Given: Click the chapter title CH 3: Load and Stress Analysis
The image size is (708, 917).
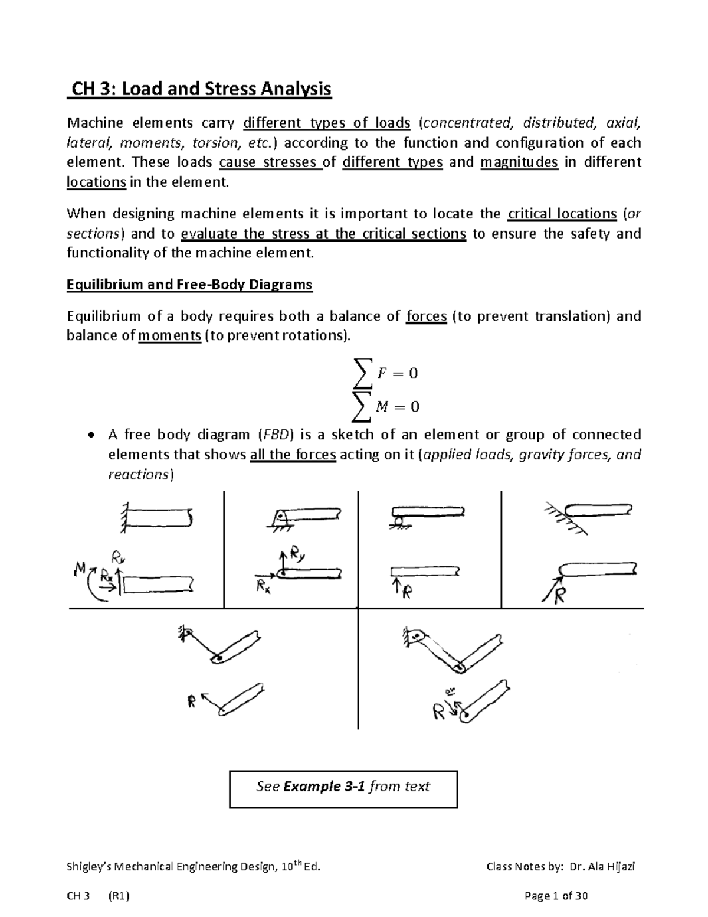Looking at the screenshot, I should pyautogui.click(x=199, y=89).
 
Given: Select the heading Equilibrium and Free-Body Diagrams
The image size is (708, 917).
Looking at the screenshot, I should pyautogui.click(x=189, y=285).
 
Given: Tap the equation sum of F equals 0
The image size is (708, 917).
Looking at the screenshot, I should pyautogui.click(x=384, y=373).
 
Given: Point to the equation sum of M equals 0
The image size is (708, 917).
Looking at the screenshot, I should pyautogui.click(x=385, y=407).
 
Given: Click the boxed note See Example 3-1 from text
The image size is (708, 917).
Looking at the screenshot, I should pyautogui.click(x=343, y=787).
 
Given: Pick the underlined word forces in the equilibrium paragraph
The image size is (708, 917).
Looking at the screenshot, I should pyautogui.click(x=427, y=316).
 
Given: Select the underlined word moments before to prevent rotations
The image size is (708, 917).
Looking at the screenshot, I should pyautogui.click(x=169, y=336).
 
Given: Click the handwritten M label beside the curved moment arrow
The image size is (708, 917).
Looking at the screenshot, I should pyautogui.click(x=79, y=569).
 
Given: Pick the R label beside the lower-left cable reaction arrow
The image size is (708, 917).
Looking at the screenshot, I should pyautogui.click(x=191, y=703).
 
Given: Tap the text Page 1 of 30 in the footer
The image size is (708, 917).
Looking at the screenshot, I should pyautogui.click(x=556, y=896).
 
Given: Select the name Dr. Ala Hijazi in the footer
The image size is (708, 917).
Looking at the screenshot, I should pyautogui.click(x=604, y=867).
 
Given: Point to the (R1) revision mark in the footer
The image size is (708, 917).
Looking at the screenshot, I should pyautogui.click(x=119, y=896).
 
